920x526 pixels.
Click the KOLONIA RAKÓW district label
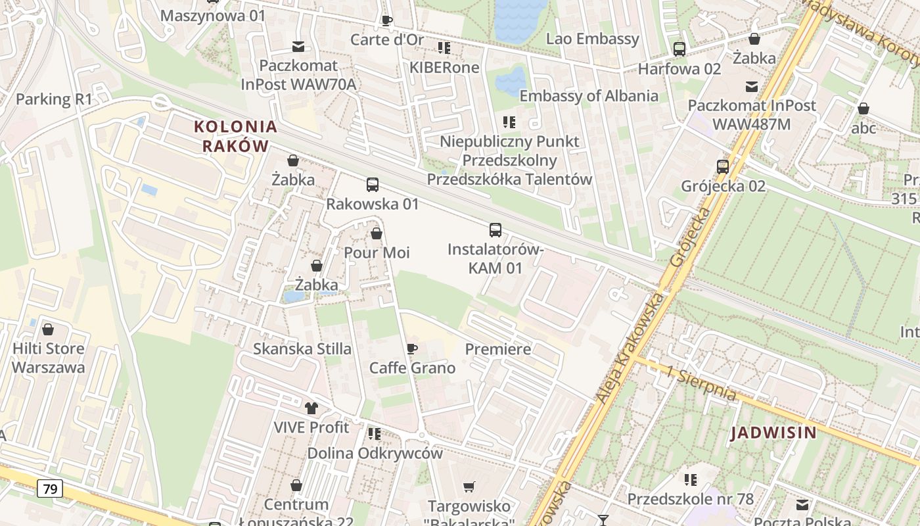[236, 136]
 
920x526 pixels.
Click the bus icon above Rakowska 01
[373, 185]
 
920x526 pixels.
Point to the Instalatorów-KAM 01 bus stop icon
[495, 230]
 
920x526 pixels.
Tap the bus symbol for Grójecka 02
[723, 167]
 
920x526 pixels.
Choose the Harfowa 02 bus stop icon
[679, 49]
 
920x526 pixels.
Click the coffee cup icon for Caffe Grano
[412, 348]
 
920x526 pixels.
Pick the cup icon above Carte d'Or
[387, 20]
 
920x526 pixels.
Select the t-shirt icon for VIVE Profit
[311, 408]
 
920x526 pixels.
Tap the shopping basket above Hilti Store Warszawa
[47, 329]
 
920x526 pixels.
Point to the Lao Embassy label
[593, 39]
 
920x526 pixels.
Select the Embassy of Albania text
[589, 96]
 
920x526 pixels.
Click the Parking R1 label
[54, 99]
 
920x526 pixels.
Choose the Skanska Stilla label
[302, 348]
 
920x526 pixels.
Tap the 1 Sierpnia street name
[701, 383]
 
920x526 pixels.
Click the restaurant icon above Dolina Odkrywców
[375, 434]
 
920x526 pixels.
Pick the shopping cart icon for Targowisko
[469, 487]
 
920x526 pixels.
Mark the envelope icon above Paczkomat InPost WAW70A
[298, 46]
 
